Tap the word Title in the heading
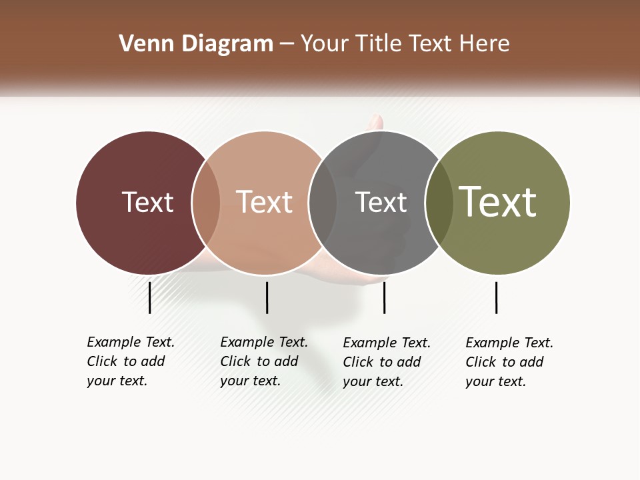tap(379, 44)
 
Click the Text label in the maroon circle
tap(147, 202)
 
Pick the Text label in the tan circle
tap(264, 202)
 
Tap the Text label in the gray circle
tap(381, 202)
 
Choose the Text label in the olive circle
tap(498, 202)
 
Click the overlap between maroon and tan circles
tap(206, 202)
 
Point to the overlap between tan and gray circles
tap(323, 202)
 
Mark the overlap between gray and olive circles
tap(439, 202)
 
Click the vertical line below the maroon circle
tap(150, 297)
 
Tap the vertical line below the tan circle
tap(267, 297)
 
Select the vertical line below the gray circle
tap(384, 297)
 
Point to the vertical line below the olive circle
tap(496, 297)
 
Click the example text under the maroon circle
tap(130, 361)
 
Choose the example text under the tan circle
tap(263, 361)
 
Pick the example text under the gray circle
tap(386, 362)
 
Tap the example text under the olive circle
tap(509, 362)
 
